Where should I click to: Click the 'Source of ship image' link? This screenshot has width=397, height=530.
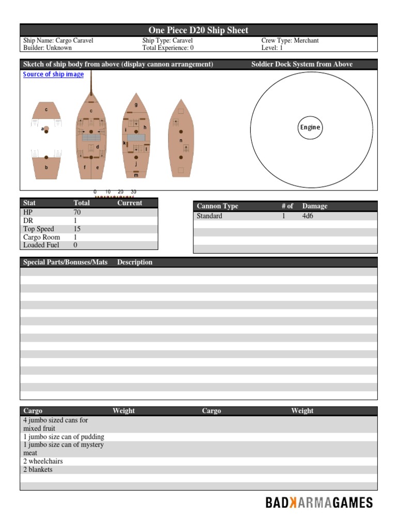click(53, 75)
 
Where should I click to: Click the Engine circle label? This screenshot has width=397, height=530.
click(310, 127)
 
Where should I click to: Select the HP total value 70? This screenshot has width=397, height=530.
click(78, 212)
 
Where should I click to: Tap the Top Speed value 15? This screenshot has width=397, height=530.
click(78, 229)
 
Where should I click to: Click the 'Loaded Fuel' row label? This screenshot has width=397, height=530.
click(41, 245)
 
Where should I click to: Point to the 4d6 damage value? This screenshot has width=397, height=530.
click(308, 216)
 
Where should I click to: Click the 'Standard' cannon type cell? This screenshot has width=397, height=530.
click(209, 216)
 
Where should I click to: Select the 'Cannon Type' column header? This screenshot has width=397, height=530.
click(218, 206)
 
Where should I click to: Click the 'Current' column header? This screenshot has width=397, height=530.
click(130, 203)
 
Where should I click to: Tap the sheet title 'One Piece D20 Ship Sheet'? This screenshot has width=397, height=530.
click(198, 31)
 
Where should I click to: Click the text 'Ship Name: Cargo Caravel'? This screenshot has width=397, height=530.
click(58, 40)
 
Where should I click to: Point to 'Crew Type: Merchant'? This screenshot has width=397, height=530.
click(290, 40)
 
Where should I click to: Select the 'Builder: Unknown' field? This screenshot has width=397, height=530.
click(48, 48)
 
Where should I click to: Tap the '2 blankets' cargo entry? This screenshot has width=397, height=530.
click(38, 469)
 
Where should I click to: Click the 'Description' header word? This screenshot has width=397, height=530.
click(135, 262)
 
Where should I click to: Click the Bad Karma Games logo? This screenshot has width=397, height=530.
click(319, 503)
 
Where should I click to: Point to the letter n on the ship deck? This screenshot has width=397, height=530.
click(181, 140)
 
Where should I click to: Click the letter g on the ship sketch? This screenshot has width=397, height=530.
click(136, 105)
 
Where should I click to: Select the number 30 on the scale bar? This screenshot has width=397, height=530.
click(133, 192)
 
